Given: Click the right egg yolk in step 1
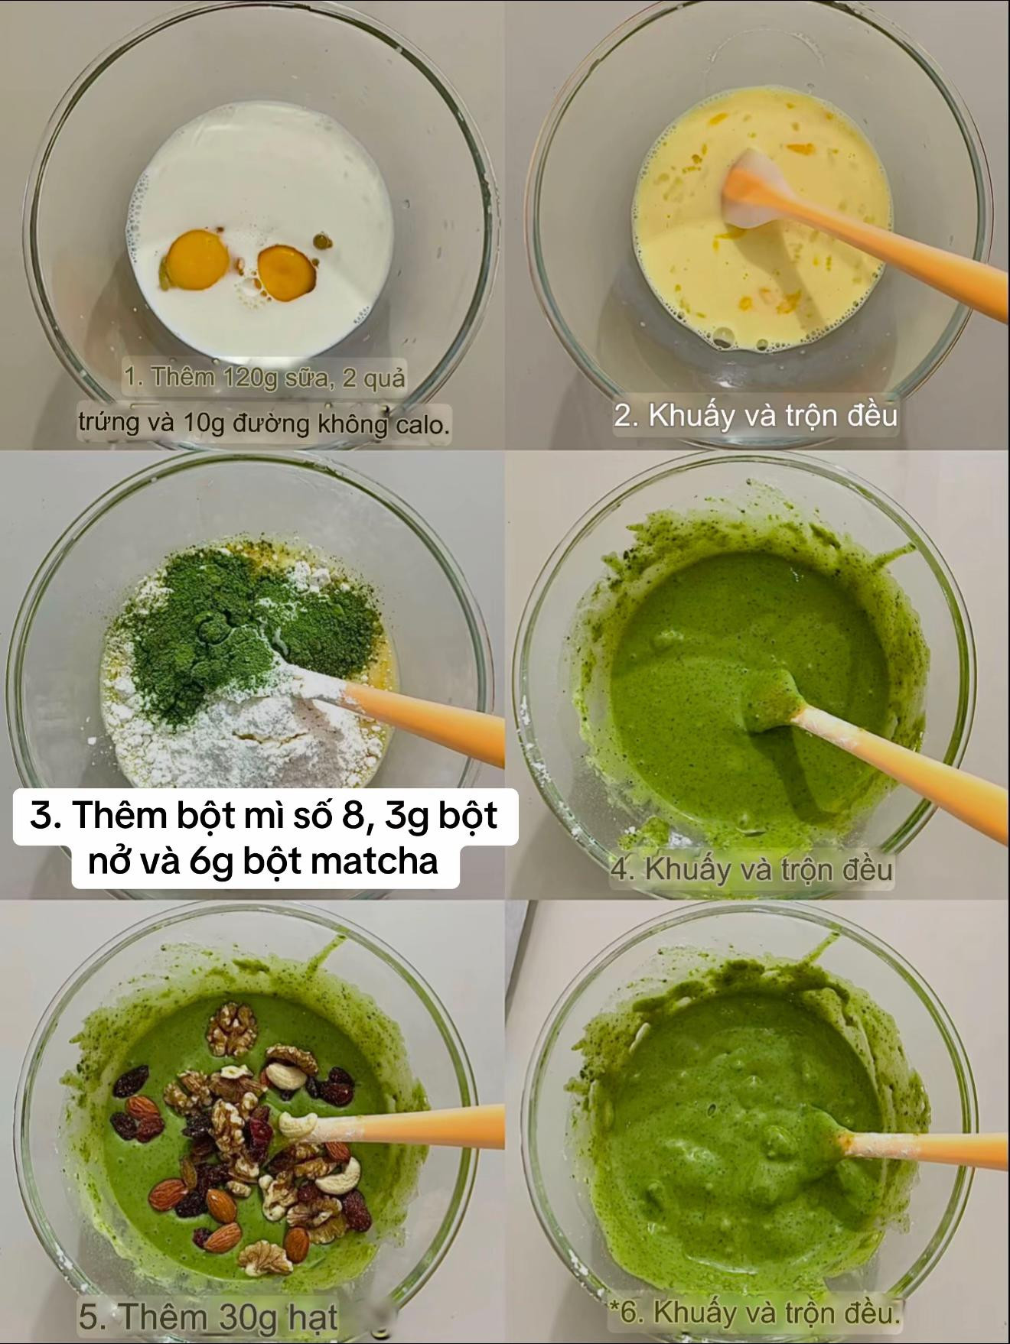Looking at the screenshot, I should click(286, 271).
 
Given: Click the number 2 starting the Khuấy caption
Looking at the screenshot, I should click(622, 416).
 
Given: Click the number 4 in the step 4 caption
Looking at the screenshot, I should click(620, 870).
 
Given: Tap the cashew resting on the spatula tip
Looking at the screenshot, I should click(298, 1122).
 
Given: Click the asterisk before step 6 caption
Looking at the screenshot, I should click(613, 1309).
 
